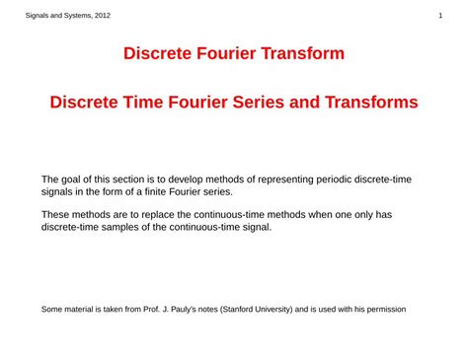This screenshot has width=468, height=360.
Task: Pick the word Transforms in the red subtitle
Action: [x=373, y=103]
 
